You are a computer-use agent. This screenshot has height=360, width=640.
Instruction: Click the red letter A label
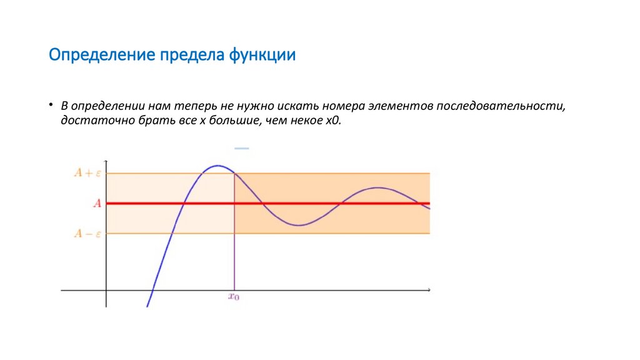97,203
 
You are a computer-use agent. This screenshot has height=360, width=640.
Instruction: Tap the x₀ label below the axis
234,297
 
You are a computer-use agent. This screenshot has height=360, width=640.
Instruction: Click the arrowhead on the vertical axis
106,161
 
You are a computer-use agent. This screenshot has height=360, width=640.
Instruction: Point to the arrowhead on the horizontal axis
429,290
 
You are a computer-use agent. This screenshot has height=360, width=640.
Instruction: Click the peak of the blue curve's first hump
217,166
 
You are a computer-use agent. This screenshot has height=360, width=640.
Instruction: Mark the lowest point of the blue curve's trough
298,225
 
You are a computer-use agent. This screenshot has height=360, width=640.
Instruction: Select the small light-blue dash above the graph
241,149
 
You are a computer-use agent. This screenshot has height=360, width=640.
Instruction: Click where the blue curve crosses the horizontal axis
151,290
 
